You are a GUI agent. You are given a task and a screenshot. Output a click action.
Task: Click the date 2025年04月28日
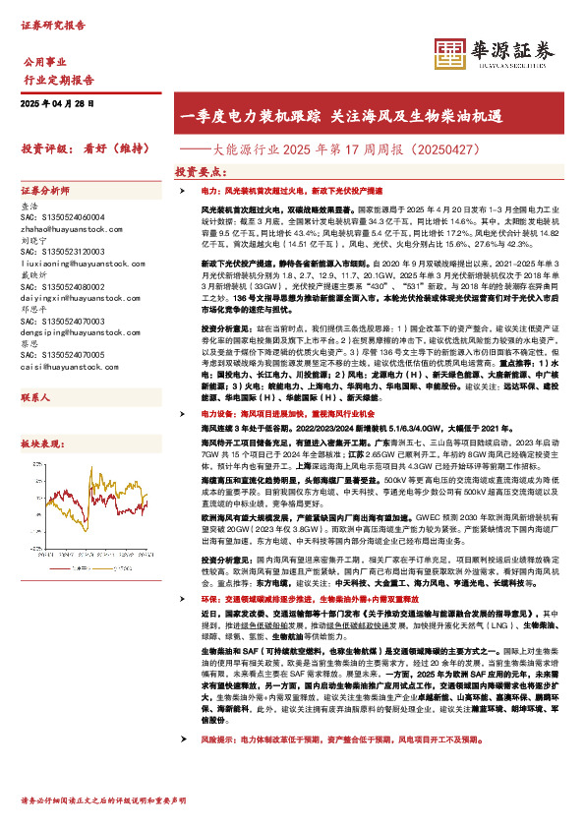click(56, 102)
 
